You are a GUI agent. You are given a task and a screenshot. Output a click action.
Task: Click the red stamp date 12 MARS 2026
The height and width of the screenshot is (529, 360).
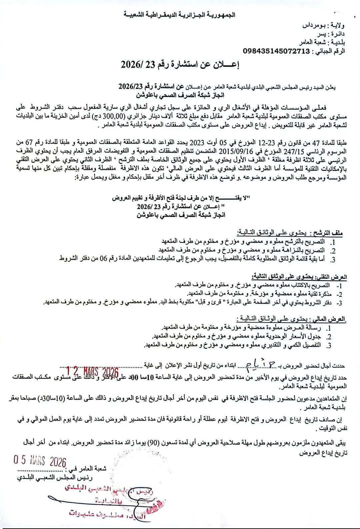93,371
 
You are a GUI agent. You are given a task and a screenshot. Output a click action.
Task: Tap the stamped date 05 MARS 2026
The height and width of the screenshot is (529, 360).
40,462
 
